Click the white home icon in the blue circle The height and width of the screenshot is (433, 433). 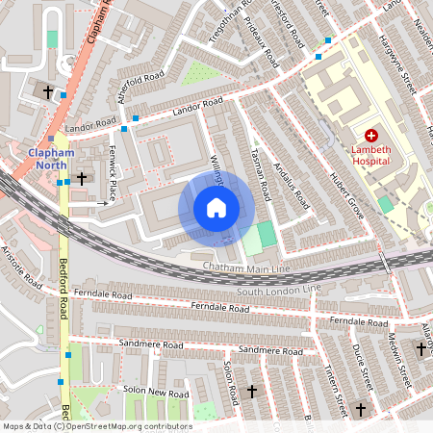point(216,208)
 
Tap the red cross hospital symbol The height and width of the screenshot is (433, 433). point(371,138)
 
